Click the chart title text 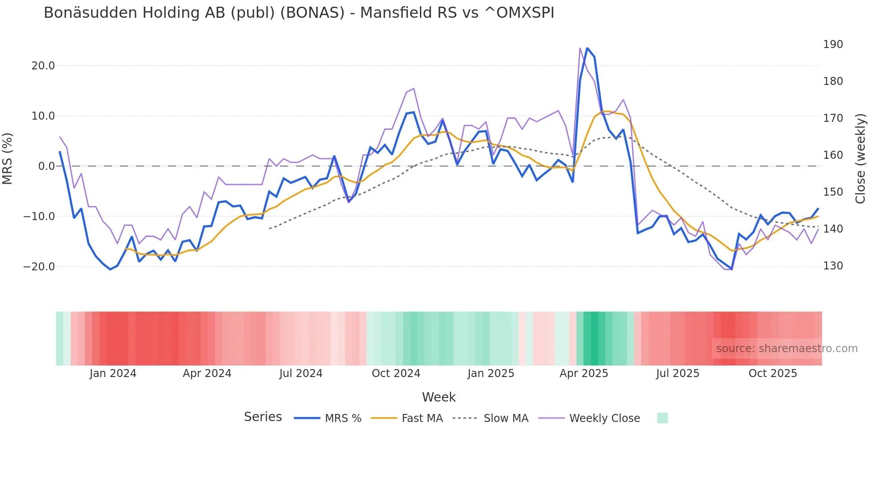[x=299, y=13]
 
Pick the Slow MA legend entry [x=491, y=418]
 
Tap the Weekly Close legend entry [x=589, y=418]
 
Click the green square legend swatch [x=662, y=418]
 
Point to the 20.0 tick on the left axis [x=43, y=66]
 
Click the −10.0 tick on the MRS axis [x=39, y=217]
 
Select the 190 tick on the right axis [x=833, y=44]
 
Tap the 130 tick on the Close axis [x=833, y=266]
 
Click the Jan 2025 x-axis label [x=491, y=374]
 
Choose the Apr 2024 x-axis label [x=207, y=374]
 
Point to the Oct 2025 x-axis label [x=773, y=374]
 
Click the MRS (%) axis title [x=8, y=159]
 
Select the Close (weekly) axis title [x=861, y=159]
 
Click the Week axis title [x=439, y=397]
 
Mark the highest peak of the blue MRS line [x=587, y=48]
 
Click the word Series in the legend [x=263, y=417]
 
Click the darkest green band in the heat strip [x=591, y=338]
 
